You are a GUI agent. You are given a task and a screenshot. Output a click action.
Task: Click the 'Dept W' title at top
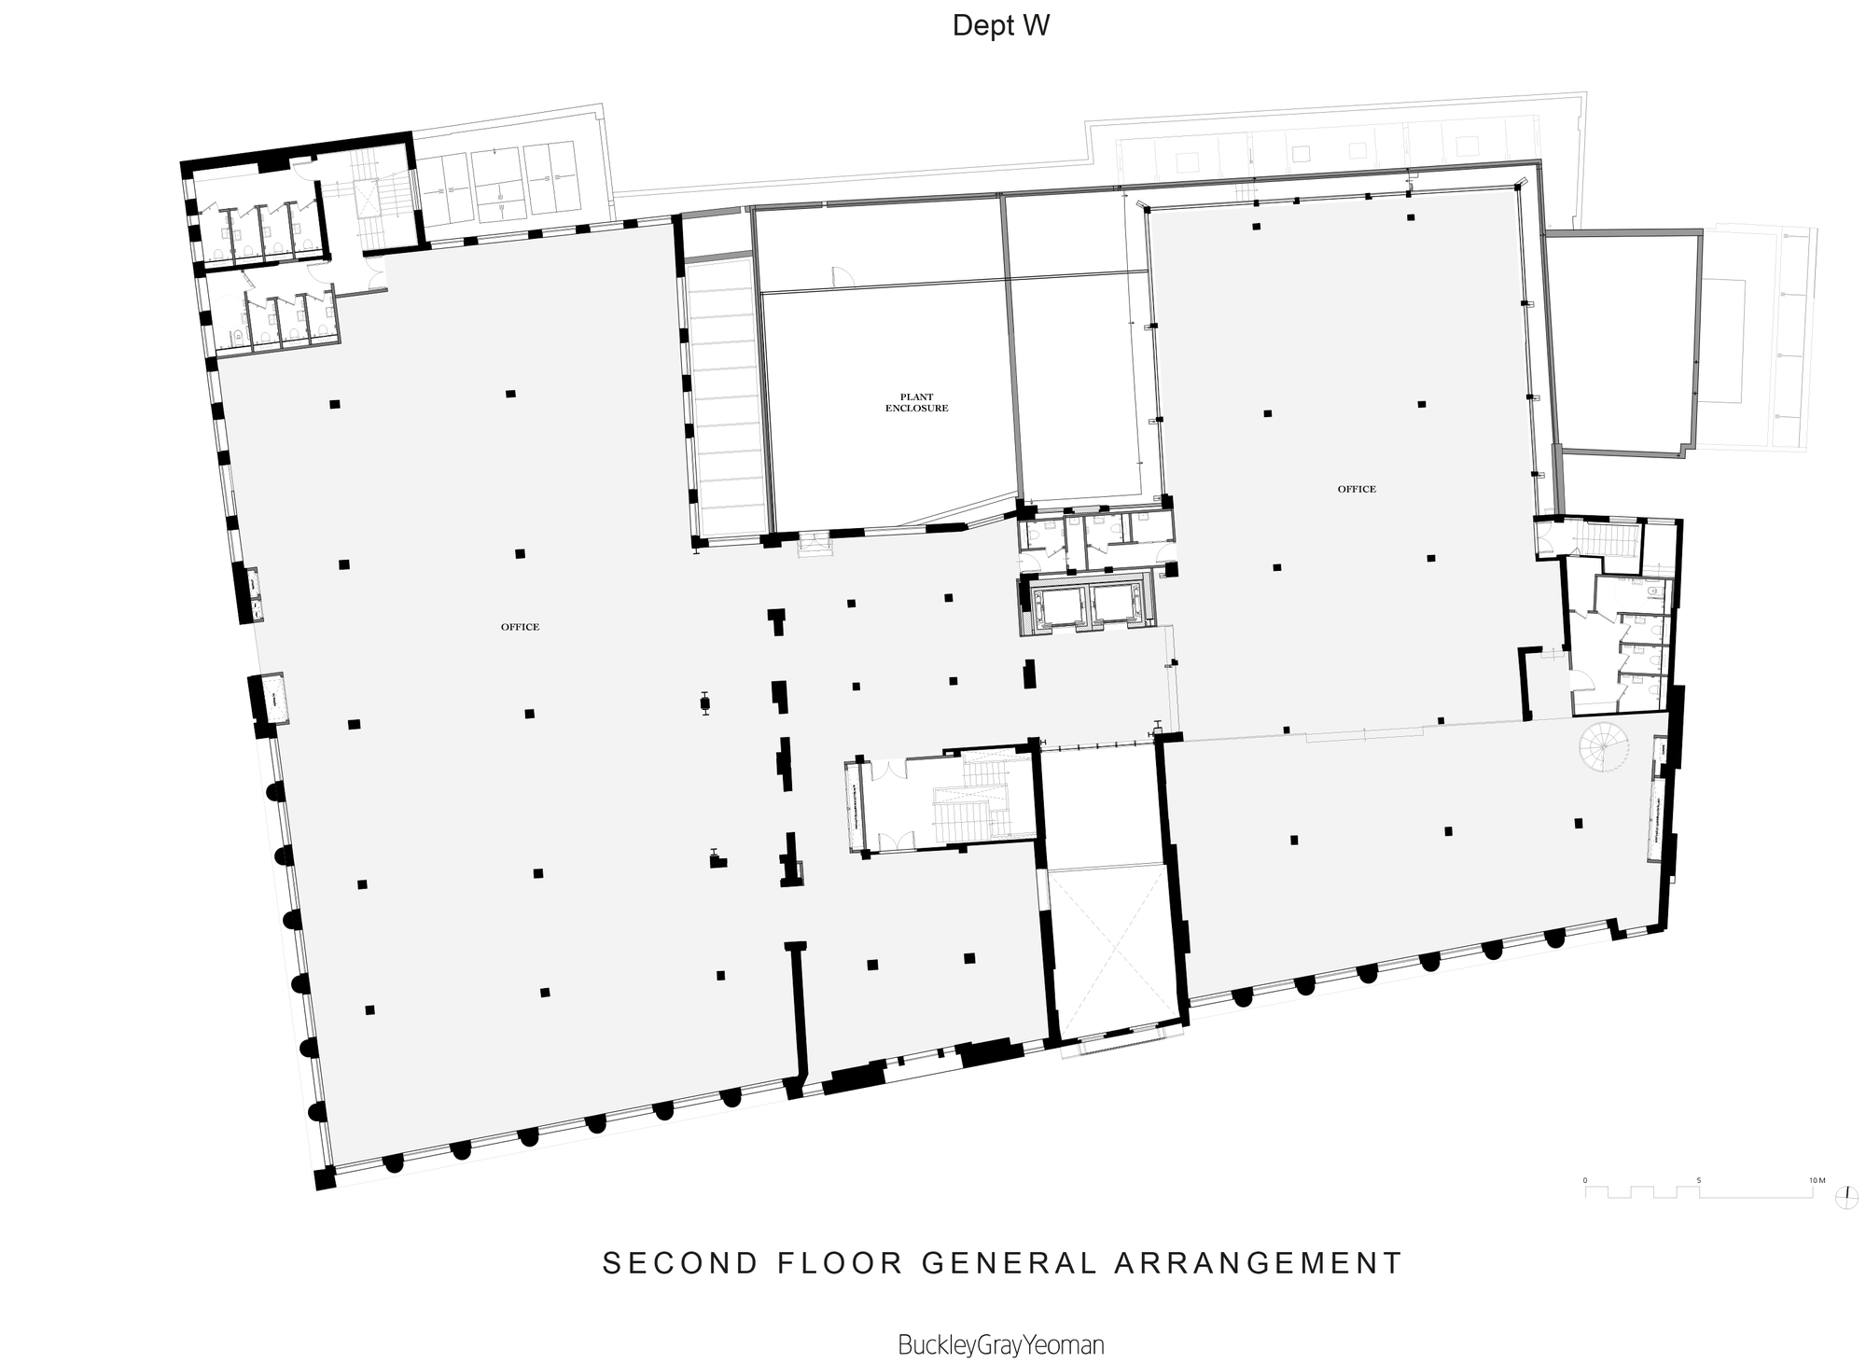coord(1000,26)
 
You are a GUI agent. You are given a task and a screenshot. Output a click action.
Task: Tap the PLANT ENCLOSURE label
coord(916,403)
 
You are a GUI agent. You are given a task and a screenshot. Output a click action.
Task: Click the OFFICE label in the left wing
coord(520,627)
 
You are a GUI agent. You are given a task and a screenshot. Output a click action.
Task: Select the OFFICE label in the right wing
coord(1357,489)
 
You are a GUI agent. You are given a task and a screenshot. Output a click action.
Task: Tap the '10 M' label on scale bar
coord(1816,1180)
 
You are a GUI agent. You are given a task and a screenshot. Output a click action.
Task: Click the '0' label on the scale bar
coord(1585,1180)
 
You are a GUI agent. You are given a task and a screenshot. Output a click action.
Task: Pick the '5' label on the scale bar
coord(1699,1180)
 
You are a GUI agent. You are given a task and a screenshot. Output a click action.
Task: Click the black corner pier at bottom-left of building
coord(325,1178)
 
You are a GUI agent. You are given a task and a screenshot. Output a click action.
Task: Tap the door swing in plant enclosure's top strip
coord(841,276)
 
